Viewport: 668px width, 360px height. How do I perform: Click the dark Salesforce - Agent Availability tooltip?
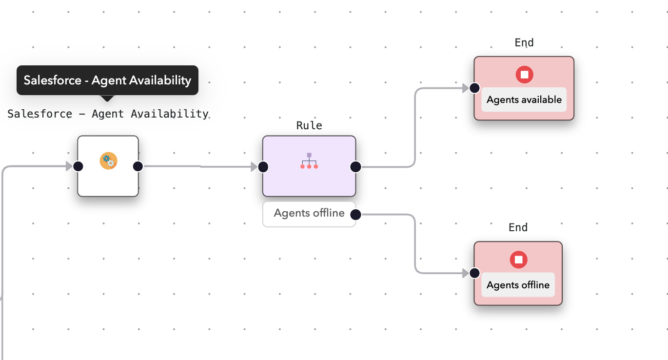pyautogui.click(x=107, y=80)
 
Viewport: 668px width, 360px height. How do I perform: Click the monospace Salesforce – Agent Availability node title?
pyautogui.click(x=108, y=114)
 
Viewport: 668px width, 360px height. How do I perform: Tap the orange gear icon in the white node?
pyautogui.click(x=108, y=161)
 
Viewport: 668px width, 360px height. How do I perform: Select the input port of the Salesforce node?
pyautogui.click(x=78, y=166)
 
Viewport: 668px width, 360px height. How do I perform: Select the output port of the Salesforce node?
pyautogui.click(x=138, y=166)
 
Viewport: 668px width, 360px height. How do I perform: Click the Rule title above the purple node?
pyautogui.click(x=309, y=125)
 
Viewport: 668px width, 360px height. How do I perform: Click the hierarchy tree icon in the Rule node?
pyautogui.click(x=309, y=161)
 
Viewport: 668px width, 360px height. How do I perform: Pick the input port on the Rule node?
pyautogui.click(x=263, y=167)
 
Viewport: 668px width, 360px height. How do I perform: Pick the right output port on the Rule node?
pyautogui.click(x=355, y=167)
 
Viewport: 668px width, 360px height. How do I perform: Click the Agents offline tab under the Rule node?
pyautogui.click(x=309, y=214)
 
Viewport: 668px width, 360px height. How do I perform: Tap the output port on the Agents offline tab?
pyautogui.click(x=355, y=214)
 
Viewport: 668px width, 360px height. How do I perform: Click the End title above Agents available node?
pyautogui.click(x=524, y=43)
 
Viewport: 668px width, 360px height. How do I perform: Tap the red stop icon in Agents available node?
pyautogui.click(x=524, y=75)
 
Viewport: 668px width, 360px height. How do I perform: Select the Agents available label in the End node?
pyautogui.click(x=524, y=100)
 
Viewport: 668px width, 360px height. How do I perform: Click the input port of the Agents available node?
pyautogui.click(x=474, y=88)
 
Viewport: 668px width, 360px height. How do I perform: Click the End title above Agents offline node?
pyautogui.click(x=518, y=228)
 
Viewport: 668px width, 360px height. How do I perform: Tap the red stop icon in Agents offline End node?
pyautogui.click(x=518, y=260)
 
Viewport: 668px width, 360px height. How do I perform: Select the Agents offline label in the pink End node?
pyautogui.click(x=518, y=285)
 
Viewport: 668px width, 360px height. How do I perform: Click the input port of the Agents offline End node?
pyautogui.click(x=474, y=273)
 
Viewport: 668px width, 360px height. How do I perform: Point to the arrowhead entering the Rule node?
pyautogui.click(x=254, y=167)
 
